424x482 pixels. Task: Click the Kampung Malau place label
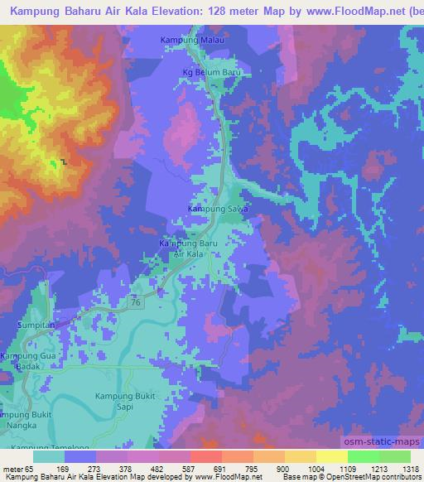(192, 39)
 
